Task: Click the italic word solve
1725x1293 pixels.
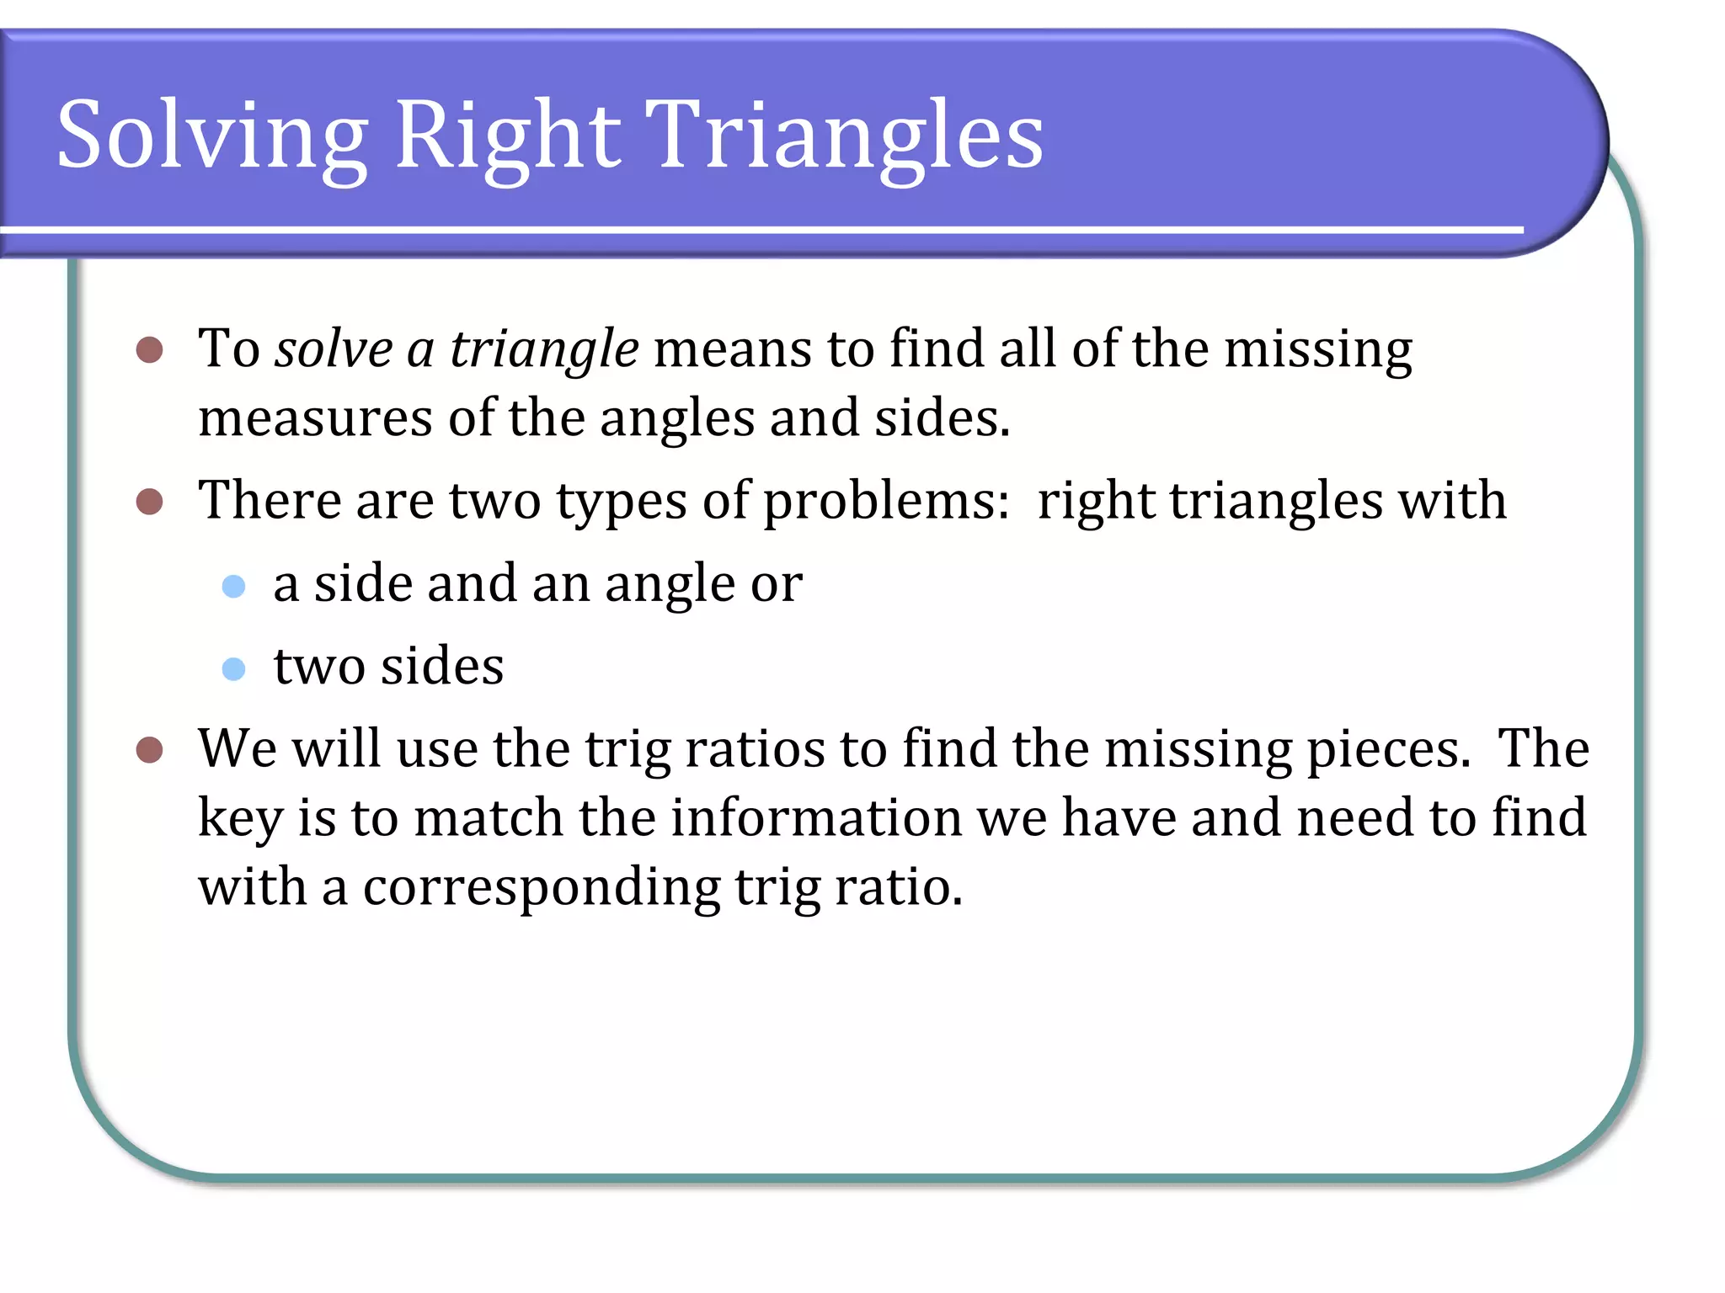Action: tap(334, 349)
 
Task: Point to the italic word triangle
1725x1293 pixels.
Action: tap(544, 349)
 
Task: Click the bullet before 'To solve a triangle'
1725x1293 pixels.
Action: tap(149, 350)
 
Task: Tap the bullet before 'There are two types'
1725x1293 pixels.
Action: tap(149, 503)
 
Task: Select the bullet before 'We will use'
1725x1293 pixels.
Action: tap(149, 750)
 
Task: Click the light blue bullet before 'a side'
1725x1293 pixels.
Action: tap(233, 586)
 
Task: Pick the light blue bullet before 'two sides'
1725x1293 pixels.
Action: tap(233, 669)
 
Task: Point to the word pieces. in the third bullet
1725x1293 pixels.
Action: tap(1388, 749)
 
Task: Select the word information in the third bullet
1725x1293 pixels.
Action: tap(815, 817)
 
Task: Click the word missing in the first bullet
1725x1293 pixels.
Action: tap(1318, 349)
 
